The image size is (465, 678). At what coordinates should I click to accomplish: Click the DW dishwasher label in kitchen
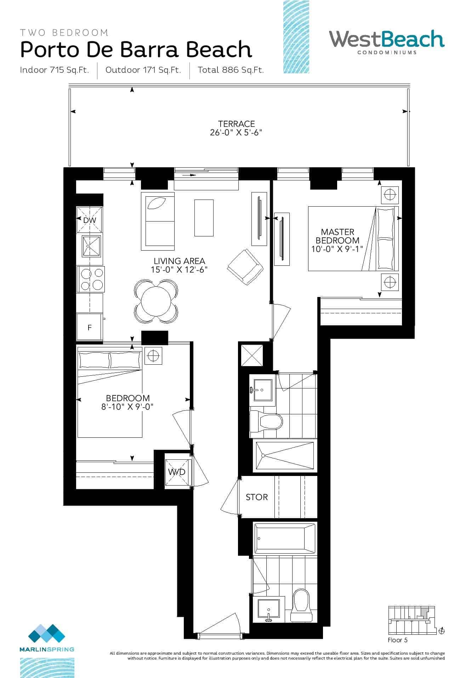(x=90, y=220)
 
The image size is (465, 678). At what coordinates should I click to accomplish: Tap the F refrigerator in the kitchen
(x=90, y=327)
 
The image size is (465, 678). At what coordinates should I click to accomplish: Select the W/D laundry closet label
(x=176, y=472)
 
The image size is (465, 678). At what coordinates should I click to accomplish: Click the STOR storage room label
(x=257, y=497)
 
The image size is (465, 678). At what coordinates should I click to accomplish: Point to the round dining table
(x=156, y=301)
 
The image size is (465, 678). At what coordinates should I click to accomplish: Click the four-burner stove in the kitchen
(x=90, y=279)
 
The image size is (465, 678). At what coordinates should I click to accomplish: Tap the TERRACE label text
(x=236, y=124)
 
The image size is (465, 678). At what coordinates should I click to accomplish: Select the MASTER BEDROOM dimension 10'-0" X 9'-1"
(x=337, y=249)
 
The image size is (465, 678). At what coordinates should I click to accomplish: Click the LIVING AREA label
(x=179, y=261)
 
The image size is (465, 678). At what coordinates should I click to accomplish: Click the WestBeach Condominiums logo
(x=386, y=42)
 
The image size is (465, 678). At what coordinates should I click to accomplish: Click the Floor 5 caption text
(x=397, y=640)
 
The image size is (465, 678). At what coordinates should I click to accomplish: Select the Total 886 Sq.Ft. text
(x=231, y=70)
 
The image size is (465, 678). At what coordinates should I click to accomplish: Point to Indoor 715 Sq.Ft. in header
(x=54, y=70)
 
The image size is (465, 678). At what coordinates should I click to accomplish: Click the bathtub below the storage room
(x=284, y=539)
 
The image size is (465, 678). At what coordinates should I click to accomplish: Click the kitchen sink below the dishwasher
(x=91, y=246)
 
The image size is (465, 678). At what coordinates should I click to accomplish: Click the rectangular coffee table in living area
(x=204, y=218)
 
